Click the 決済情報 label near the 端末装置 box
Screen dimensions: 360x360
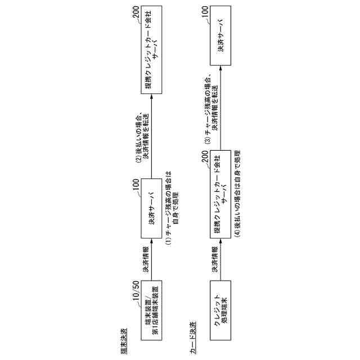145,259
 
